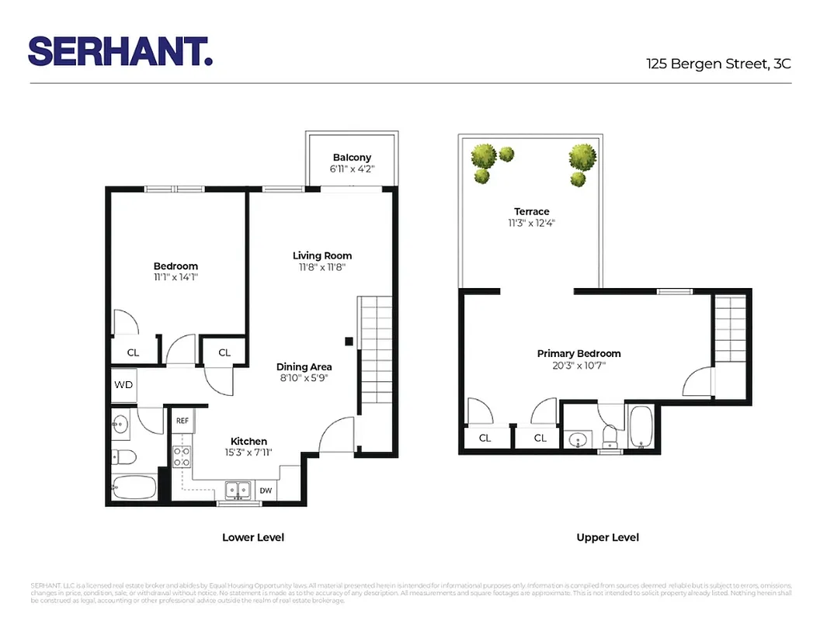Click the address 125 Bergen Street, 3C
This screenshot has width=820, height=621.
[718, 64]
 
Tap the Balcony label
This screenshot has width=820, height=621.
[353, 158]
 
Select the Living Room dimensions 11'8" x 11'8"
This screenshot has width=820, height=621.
[322, 267]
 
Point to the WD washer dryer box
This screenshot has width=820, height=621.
[123, 385]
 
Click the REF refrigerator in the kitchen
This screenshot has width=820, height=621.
[182, 421]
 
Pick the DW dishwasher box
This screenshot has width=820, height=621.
[266, 491]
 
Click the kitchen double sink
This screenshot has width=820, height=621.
[238, 490]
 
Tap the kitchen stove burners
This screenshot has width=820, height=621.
[182, 456]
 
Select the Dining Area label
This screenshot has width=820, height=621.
[304, 367]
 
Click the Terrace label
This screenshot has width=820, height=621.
[531, 211]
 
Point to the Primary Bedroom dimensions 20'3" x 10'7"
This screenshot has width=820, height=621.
[579, 365]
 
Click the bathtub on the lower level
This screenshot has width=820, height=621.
[134, 488]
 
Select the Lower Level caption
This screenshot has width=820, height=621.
[253, 537]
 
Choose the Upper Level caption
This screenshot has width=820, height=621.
[607, 537]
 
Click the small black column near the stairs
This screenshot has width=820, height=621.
[349, 341]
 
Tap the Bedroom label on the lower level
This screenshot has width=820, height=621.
[176, 266]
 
